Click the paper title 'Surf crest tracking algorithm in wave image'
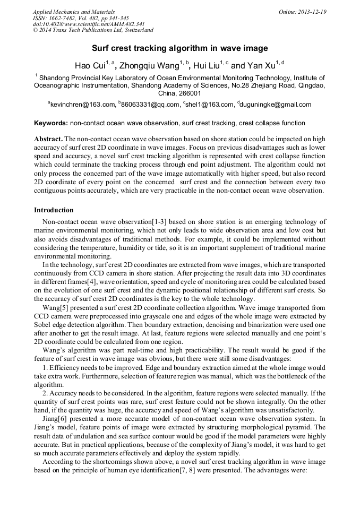[x=180, y=48]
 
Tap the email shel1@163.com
[x=210, y=105]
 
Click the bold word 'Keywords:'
[x=50, y=123]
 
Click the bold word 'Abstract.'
[x=48, y=139]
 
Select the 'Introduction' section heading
[x=54, y=210]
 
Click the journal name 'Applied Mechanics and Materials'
[x=74, y=12]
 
